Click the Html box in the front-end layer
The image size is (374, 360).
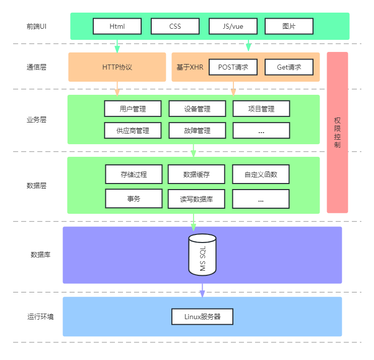[117, 26]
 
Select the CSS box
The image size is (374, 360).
[175, 26]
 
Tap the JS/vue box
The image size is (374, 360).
[233, 26]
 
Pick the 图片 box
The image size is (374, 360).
[289, 26]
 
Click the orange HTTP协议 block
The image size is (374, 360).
[117, 67]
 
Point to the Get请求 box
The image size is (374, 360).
[289, 67]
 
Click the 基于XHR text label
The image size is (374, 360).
[190, 67]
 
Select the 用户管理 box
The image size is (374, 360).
[133, 109]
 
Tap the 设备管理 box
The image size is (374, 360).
[197, 109]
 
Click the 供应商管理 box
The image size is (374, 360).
[133, 131]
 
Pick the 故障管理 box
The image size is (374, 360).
[197, 131]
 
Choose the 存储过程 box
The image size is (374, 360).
[134, 174]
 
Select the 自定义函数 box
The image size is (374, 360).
[261, 174]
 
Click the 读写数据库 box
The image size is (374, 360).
[197, 199]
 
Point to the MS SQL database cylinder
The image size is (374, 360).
[202, 255]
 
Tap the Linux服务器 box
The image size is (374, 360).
[202, 317]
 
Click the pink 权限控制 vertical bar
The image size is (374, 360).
[337, 132]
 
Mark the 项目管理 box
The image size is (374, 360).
[261, 109]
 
